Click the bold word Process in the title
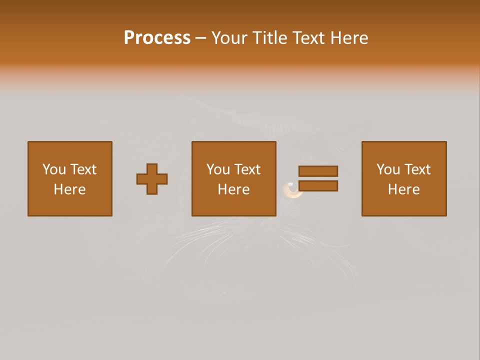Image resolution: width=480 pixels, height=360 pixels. click(157, 38)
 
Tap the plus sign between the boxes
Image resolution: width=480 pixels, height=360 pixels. click(152, 179)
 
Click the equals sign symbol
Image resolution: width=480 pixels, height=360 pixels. click(318, 178)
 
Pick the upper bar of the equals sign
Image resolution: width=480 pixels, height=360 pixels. click(318, 171)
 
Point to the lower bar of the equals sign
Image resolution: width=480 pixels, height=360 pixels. click(318, 186)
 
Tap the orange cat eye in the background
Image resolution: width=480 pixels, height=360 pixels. click(292, 191)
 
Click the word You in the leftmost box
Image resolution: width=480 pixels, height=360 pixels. click(54, 169)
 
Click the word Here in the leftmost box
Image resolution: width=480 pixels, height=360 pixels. click(70, 189)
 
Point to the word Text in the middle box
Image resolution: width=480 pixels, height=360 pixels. click(247, 169)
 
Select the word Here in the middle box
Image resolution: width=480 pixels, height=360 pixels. click(234, 189)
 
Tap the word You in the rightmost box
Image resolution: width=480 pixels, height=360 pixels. click(388, 169)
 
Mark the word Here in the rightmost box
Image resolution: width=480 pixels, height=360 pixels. click(404, 189)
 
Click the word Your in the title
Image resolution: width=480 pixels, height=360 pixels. click(229, 38)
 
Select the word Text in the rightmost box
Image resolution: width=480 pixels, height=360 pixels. click(417, 169)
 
